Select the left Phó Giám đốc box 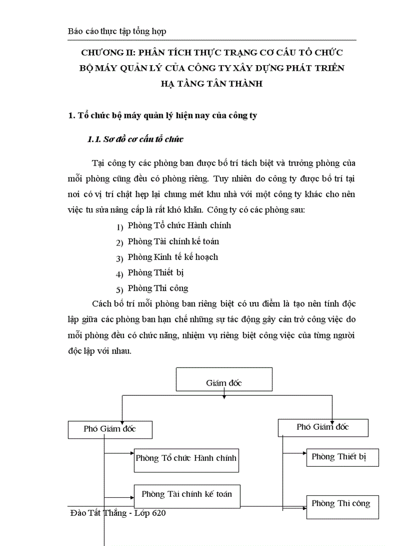coord(110,429)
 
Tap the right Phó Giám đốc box coord(323,427)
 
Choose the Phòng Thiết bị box coord(343,457)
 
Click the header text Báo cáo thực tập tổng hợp coord(117,31)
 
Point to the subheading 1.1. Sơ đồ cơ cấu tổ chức coord(135,140)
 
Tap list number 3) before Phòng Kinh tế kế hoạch coord(120,258)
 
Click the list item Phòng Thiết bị coord(155,272)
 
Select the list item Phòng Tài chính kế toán coord(173,241)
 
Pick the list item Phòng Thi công coord(158,288)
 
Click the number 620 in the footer coord(157,513)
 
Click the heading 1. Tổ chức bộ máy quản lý coord(162,116)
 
